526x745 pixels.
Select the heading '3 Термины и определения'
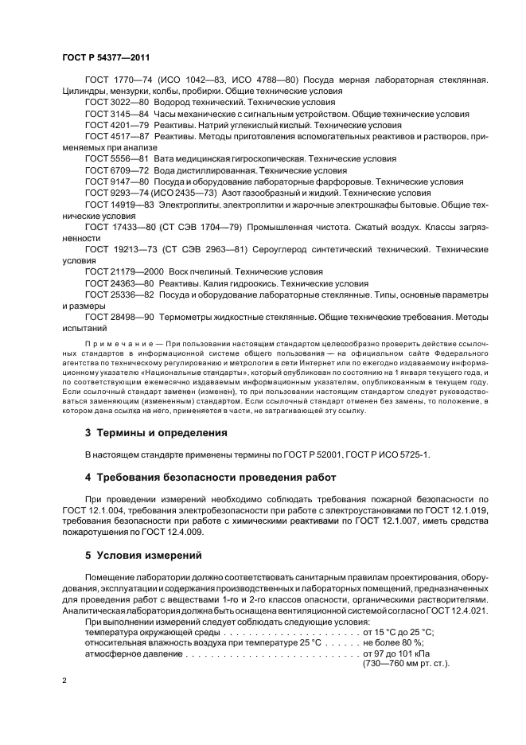[156, 433]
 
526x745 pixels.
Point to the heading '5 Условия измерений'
[143, 555]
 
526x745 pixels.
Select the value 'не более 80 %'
[394, 642]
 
